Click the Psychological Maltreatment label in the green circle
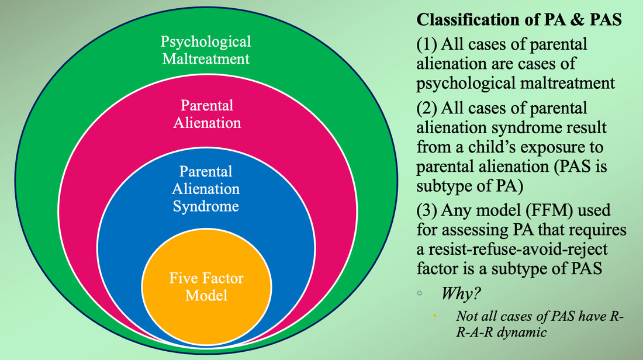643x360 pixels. [x=206, y=50]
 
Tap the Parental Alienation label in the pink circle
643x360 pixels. [x=207, y=114]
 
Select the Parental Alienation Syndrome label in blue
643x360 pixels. [x=206, y=189]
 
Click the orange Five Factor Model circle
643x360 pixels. [x=206, y=286]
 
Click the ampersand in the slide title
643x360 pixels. [x=576, y=20]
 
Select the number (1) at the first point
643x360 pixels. [x=427, y=44]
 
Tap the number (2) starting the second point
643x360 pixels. [x=427, y=108]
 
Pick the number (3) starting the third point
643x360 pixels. [x=427, y=210]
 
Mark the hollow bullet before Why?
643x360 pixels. [x=420, y=293]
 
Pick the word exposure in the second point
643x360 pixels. [x=558, y=148]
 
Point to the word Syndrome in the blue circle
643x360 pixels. [x=206, y=206]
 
